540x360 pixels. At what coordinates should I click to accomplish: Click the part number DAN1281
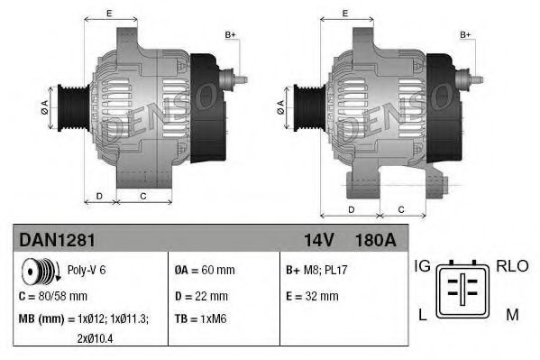54,241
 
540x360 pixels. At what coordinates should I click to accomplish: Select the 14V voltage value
318,241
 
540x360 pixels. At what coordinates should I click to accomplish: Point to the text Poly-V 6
87,270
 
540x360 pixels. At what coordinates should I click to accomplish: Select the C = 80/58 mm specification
53,295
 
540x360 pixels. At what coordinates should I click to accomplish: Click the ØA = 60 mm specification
205,270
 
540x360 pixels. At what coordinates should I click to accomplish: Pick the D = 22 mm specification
201,295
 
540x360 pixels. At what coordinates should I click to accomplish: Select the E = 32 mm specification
312,295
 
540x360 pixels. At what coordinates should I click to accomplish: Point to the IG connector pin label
422,266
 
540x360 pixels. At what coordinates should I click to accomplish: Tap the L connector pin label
421,314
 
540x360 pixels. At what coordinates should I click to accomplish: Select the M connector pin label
511,314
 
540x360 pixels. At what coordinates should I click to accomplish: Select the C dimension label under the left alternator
143,194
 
